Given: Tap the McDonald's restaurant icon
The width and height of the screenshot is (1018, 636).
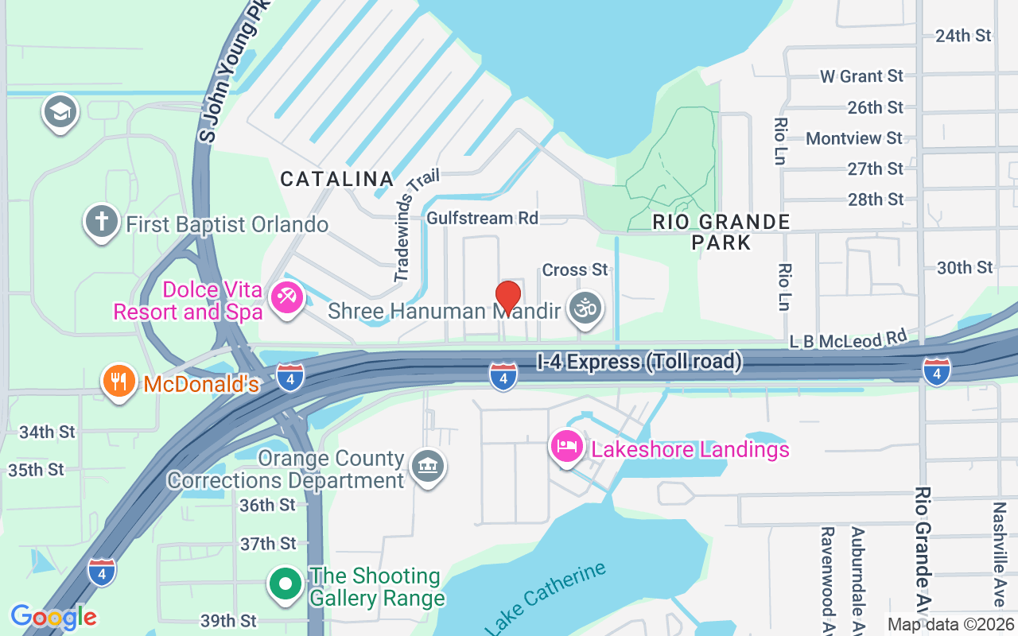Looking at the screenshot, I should pos(119,382).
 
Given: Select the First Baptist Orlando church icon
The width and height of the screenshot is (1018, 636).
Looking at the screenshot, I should pos(102,222).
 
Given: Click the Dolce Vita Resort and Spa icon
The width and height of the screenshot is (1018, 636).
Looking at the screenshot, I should pos(285,298).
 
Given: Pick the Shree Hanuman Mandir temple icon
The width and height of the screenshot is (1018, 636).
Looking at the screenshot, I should pos(586,308).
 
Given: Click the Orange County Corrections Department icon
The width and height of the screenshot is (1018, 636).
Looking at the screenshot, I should pos(428,467).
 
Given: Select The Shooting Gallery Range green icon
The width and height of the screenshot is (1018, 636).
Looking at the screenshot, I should pos(285,585).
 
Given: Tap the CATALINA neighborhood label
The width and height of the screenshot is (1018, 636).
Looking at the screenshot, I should pos(336,180).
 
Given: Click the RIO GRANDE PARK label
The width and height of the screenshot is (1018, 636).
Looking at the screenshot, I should pos(721,231).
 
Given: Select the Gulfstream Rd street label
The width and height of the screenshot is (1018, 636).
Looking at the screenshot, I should pos(482,218).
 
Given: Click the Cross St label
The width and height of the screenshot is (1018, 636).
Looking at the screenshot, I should pos(574,270).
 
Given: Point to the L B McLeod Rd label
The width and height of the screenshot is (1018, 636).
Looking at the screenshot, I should pos(848,339).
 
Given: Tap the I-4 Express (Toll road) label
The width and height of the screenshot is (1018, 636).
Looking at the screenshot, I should pos(639,363).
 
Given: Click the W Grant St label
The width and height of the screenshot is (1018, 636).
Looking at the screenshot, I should pos(862,76).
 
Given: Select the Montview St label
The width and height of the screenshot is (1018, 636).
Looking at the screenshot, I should pos(854,138).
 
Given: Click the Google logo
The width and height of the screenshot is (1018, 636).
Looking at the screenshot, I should pos(53,616).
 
